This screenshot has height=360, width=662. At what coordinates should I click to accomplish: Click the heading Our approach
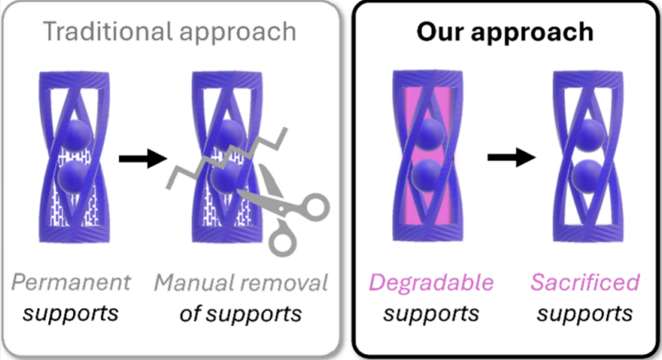pos(504,32)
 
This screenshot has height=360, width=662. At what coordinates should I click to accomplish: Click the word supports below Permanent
pos(70,313)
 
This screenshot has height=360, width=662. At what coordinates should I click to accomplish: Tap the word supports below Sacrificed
pos(586,313)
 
